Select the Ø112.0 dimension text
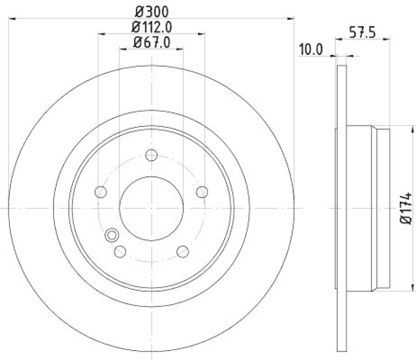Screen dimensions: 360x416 click(151, 25)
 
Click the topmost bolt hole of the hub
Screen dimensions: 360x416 click(151, 155)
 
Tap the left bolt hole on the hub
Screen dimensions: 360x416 click(100, 192)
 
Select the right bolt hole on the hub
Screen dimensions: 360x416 click(202, 192)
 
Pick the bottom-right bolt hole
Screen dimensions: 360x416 click(183, 251)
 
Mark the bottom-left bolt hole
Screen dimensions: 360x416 click(120, 251)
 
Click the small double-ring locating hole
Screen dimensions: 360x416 click(111, 236)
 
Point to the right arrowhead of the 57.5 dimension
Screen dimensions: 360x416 click(387, 38)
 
